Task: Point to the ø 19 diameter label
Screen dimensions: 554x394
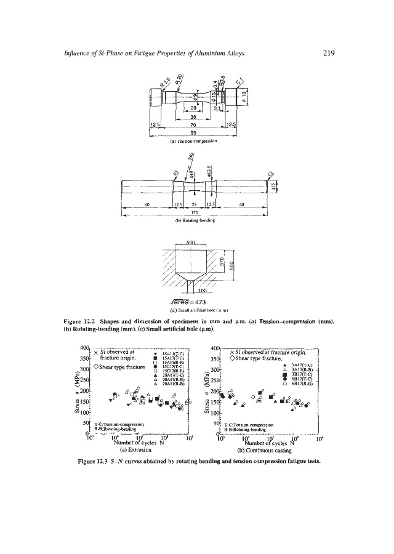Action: point(245,94)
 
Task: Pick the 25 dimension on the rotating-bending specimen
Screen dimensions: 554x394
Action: point(194,204)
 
